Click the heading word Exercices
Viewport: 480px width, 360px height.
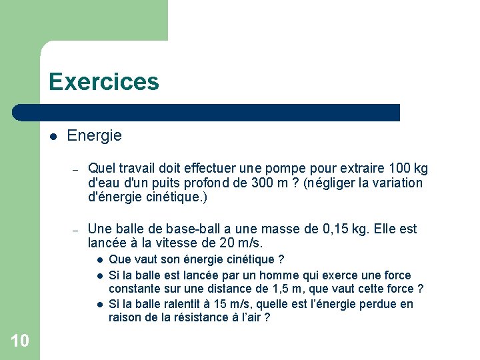pyautogui.click(x=104, y=82)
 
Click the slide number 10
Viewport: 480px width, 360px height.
pyautogui.click(x=20, y=341)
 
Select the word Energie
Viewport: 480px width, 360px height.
pyautogui.click(x=95, y=136)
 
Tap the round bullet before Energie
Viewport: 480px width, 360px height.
pyautogui.click(x=53, y=137)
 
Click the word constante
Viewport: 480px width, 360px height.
pyautogui.click(x=133, y=289)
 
